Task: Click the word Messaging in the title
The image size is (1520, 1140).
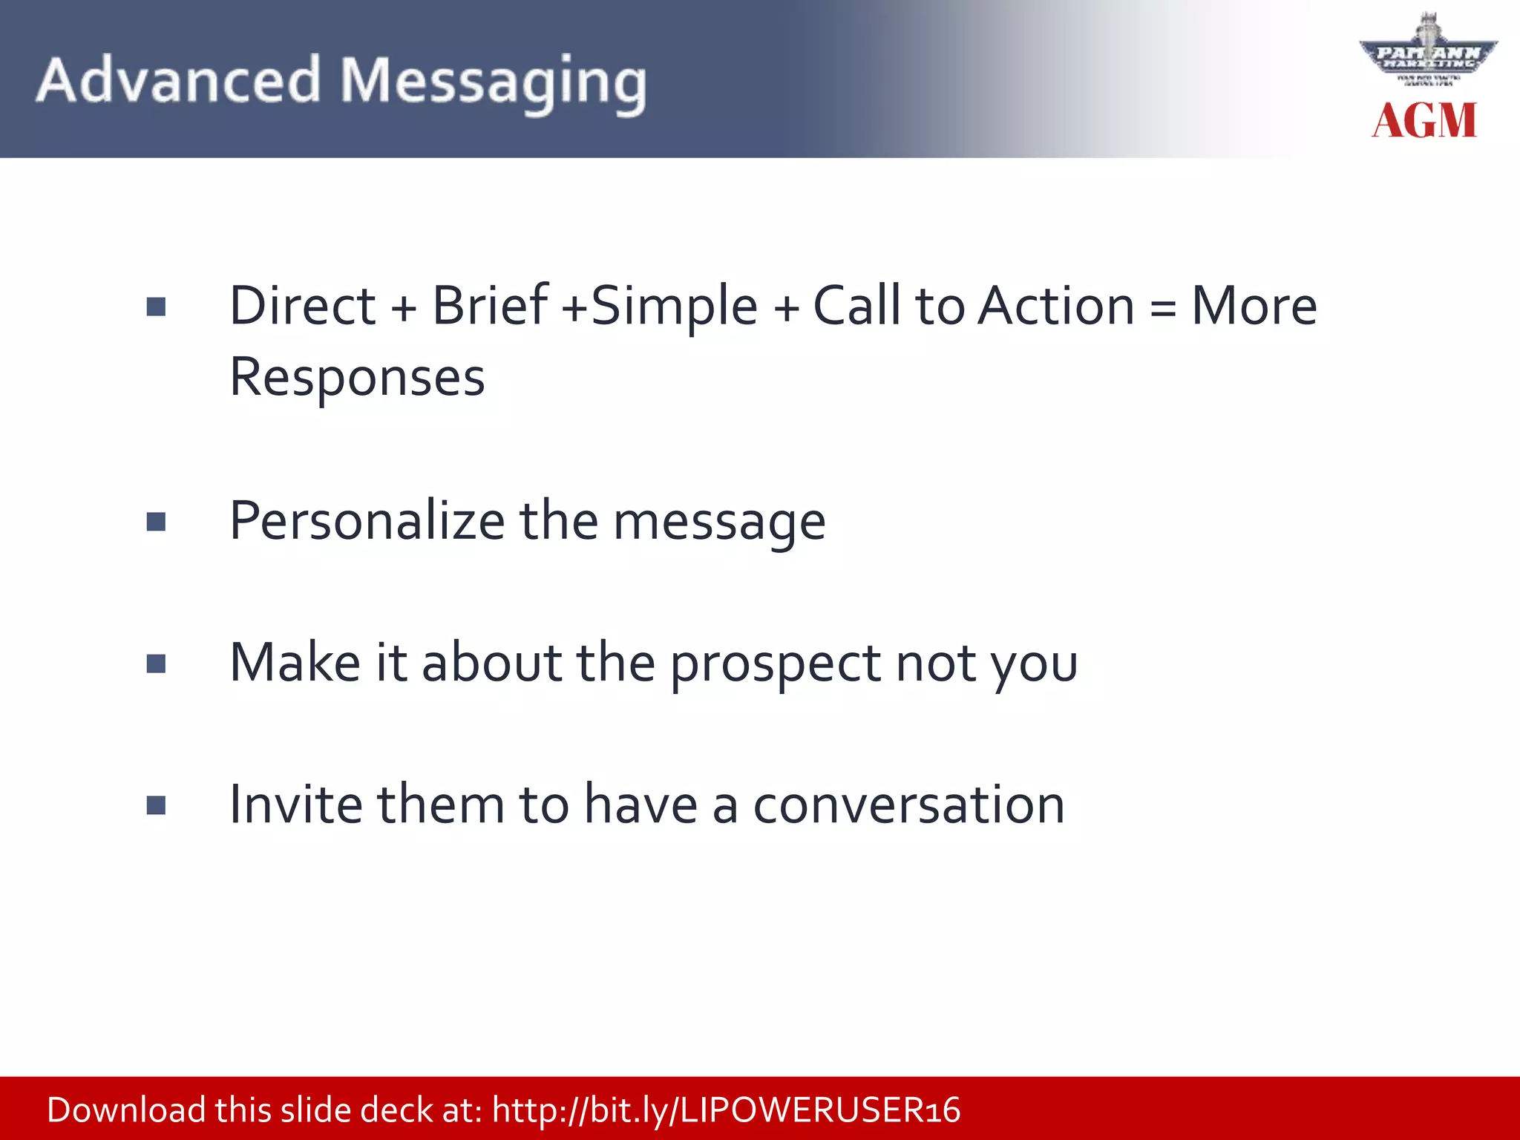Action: click(x=493, y=83)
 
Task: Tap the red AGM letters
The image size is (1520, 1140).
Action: click(x=1424, y=121)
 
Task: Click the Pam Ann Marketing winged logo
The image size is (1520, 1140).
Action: click(x=1428, y=53)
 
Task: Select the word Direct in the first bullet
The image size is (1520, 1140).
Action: click(x=303, y=306)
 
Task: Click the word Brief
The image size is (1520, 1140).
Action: click(x=490, y=306)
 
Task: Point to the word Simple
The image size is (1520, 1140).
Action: click(x=674, y=307)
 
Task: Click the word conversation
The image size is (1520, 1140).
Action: click(x=908, y=805)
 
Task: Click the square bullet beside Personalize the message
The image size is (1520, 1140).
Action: click(x=156, y=522)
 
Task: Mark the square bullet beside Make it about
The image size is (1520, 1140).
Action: click(x=156, y=664)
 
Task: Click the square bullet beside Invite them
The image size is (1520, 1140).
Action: click(x=156, y=805)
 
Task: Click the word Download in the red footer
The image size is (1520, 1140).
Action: click(x=126, y=1110)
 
